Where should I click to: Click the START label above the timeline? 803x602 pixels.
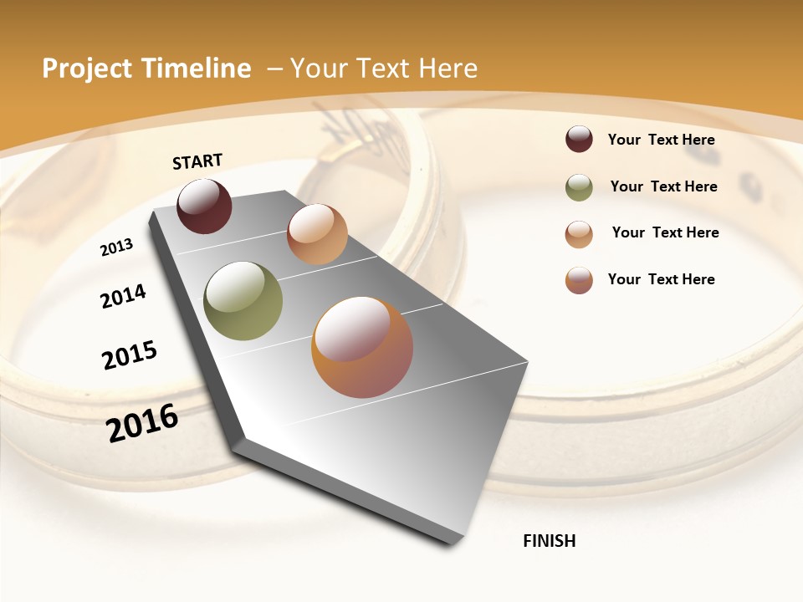197,161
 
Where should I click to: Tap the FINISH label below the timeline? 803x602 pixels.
549,541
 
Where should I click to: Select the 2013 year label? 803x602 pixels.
116,247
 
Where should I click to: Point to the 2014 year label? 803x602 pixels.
123,296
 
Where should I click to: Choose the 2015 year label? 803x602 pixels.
130,355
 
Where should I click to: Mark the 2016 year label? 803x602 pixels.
142,423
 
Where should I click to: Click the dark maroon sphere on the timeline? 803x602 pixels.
204,207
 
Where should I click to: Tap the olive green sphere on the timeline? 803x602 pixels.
243,301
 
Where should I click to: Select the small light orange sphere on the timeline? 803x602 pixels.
317,234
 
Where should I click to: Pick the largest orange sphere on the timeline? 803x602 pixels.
362,347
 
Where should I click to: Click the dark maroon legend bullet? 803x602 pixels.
579,139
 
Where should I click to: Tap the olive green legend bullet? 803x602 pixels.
579,187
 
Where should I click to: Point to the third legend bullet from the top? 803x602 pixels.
579,234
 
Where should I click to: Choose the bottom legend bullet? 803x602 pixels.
579,280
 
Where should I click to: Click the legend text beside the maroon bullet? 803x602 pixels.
661,140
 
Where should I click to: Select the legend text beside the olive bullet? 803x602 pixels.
663,186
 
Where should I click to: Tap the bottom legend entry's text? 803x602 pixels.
661,279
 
